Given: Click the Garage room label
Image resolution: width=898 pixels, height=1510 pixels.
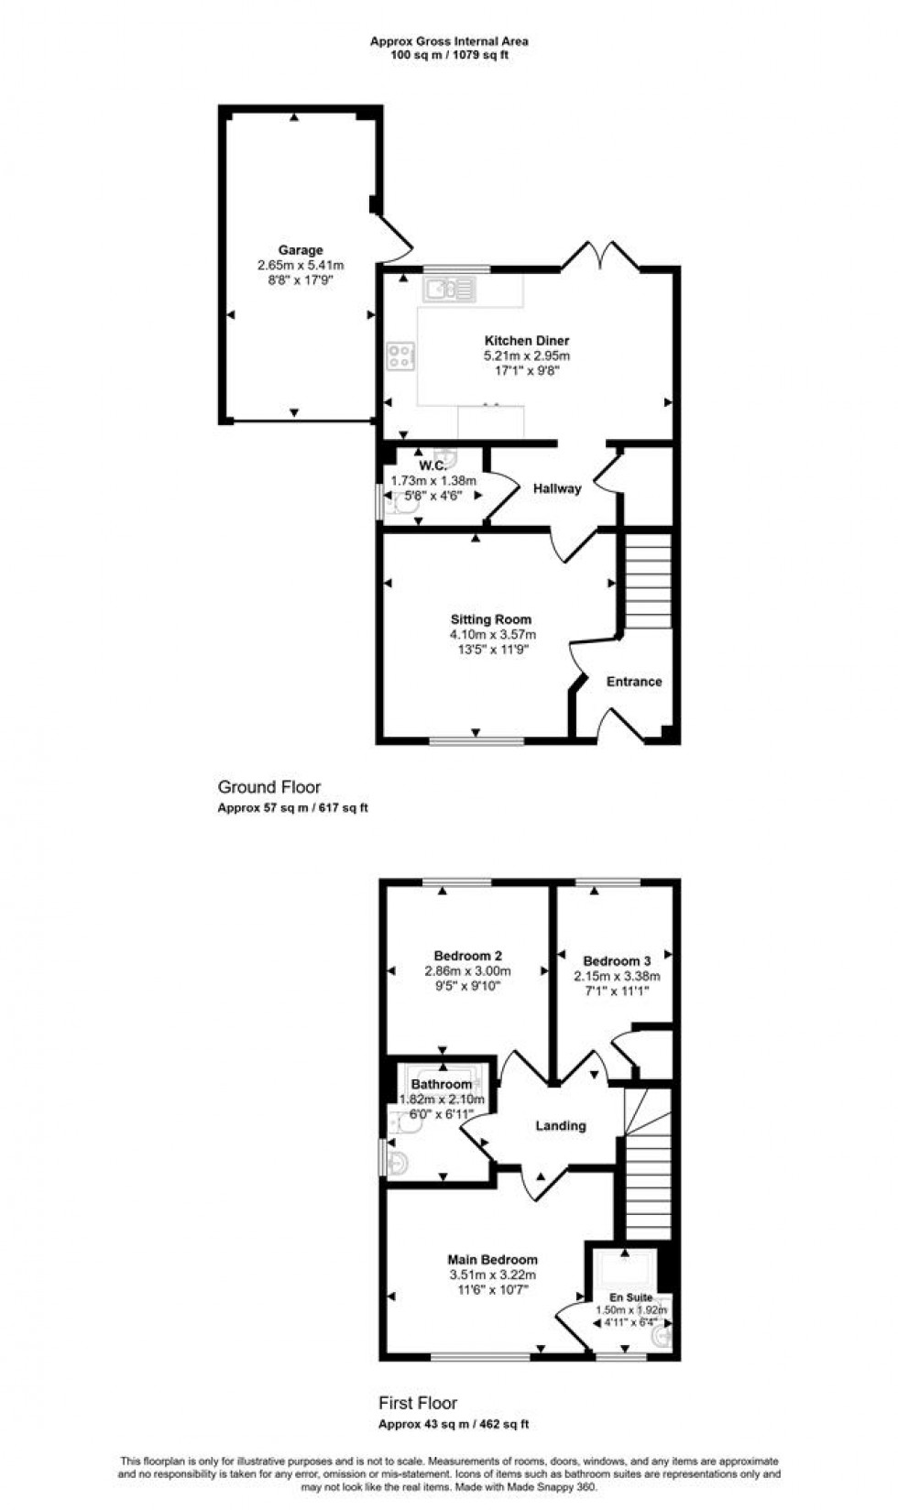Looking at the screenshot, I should [301, 250].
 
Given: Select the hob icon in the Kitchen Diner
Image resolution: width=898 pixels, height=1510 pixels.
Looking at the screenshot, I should [400, 356].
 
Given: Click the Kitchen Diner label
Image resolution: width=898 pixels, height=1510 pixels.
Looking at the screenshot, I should [527, 341].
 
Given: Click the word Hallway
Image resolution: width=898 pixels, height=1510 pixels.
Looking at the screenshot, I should [557, 488].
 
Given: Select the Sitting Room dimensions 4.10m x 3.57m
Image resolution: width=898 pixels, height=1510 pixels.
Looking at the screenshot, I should [492, 634].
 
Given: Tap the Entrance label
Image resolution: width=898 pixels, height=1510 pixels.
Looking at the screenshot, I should [634, 682].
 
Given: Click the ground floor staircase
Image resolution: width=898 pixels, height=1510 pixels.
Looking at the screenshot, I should [648, 582].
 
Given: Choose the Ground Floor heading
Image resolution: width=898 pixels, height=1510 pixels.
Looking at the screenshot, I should [269, 787].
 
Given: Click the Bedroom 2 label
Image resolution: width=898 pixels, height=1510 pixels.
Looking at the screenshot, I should [467, 956].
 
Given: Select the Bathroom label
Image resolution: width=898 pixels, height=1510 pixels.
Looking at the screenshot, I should [442, 1085].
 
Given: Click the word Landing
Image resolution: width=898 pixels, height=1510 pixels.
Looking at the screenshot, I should [560, 1126].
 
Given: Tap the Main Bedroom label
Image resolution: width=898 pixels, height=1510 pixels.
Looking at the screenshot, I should [492, 1260].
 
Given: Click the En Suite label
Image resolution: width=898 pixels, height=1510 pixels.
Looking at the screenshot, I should [631, 1297].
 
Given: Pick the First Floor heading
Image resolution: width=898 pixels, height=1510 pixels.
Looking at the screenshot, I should [418, 1403].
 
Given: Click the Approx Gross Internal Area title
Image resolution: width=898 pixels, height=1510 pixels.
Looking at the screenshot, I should [449, 41].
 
